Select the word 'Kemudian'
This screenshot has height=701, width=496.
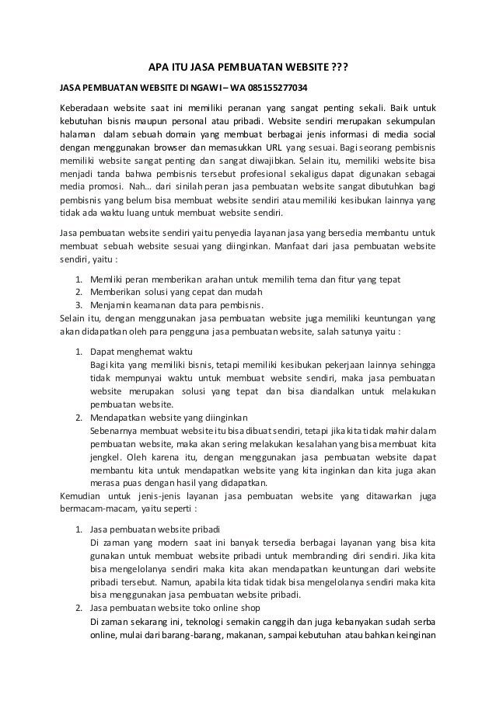82,497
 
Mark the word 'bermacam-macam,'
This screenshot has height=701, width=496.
96,510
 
